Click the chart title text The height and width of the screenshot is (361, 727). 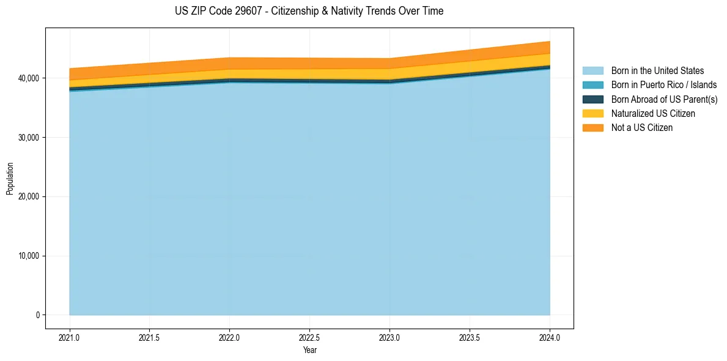[309, 11]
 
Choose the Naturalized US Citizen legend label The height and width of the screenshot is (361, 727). [653, 114]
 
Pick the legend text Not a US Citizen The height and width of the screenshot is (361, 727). [641, 128]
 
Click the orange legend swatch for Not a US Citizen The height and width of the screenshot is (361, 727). [592, 128]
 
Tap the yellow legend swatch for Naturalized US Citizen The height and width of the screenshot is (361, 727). [592, 114]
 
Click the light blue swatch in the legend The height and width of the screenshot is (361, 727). [592, 71]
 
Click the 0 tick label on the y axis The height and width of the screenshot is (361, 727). [37, 315]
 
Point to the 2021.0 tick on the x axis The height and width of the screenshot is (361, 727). [70, 337]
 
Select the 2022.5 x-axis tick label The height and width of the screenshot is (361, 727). [309, 337]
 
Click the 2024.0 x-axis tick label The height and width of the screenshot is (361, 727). [550, 337]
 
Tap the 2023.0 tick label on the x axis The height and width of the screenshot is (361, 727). [389, 337]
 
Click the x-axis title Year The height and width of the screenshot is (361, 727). [309, 350]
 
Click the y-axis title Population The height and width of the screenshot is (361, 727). [10, 179]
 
